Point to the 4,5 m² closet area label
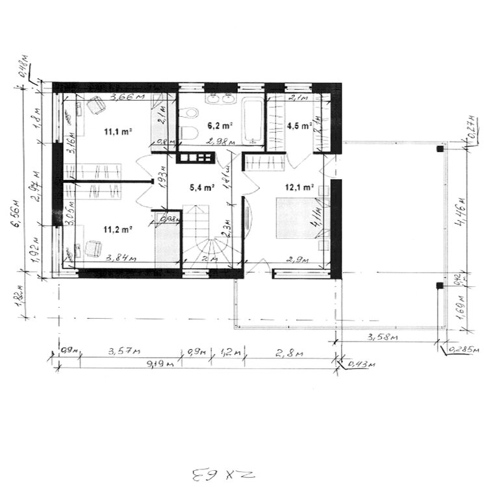pos(299,127)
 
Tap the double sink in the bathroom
pos(220,99)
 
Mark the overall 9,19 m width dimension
pos(162,364)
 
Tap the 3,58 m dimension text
pos(383,337)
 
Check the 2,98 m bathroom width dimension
pos(218,142)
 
